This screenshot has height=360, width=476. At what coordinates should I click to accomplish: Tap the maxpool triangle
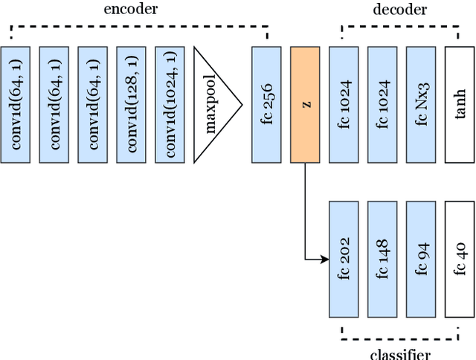click(214, 105)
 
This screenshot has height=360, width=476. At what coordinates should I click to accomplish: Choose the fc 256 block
click(266, 105)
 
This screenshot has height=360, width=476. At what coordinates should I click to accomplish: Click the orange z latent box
click(305, 105)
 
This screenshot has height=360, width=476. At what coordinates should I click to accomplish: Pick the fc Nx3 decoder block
click(421, 105)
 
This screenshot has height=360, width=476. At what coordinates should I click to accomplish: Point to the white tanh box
click(460, 105)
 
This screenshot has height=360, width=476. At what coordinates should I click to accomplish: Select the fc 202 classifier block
click(344, 258)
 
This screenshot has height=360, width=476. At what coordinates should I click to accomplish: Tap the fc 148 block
click(382, 258)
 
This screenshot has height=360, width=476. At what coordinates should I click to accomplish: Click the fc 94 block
click(421, 258)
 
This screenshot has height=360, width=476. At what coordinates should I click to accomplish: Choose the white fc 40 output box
click(460, 258)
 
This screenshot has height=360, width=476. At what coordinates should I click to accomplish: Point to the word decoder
click(399, 10)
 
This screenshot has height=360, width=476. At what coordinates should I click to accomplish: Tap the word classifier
click(399, 353)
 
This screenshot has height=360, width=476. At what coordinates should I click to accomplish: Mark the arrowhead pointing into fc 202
click(324, 259)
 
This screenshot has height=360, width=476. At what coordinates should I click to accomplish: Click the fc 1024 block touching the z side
click(344, 105)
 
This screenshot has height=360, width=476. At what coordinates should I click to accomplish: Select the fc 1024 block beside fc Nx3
click(382, 105)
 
